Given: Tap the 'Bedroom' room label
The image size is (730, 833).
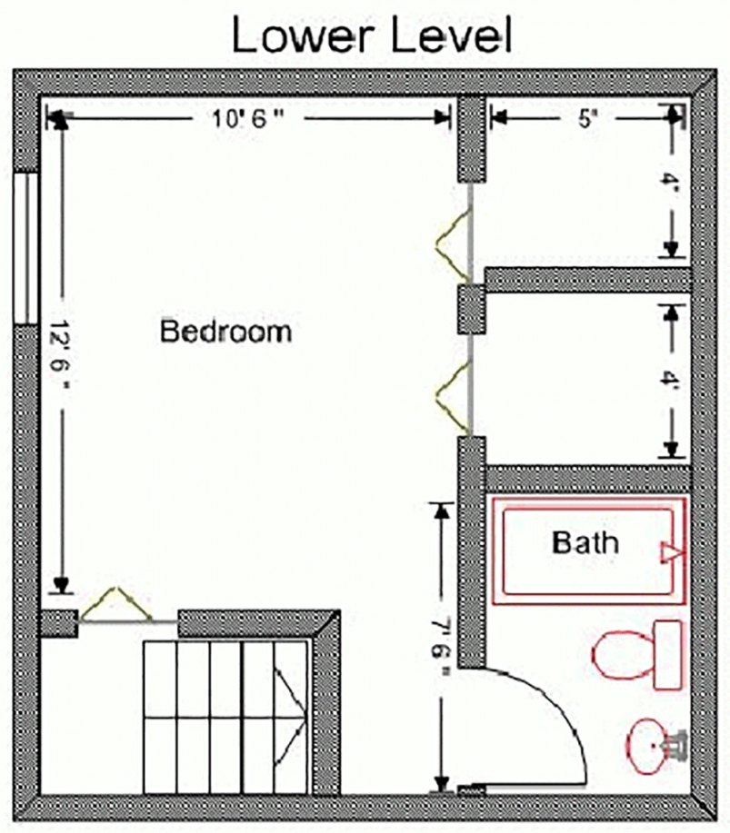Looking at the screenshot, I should [226, 331].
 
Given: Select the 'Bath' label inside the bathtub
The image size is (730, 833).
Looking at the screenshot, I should [585, 543].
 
